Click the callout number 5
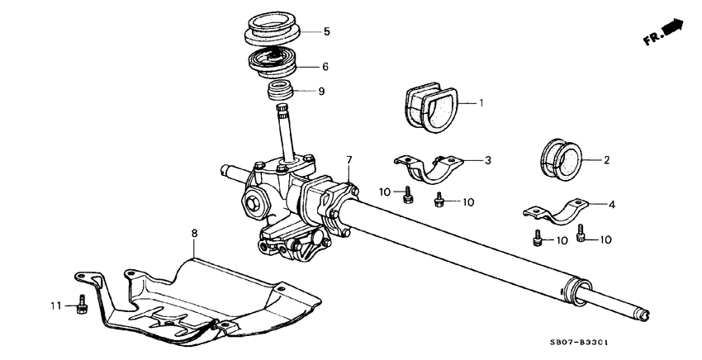[x=326, y=32]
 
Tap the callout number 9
[x=321, y=91]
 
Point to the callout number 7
[x=349, y=159]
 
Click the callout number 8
[x=194, y=234]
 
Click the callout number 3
[x=488, y=159]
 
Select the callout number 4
[x=611, y=204]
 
